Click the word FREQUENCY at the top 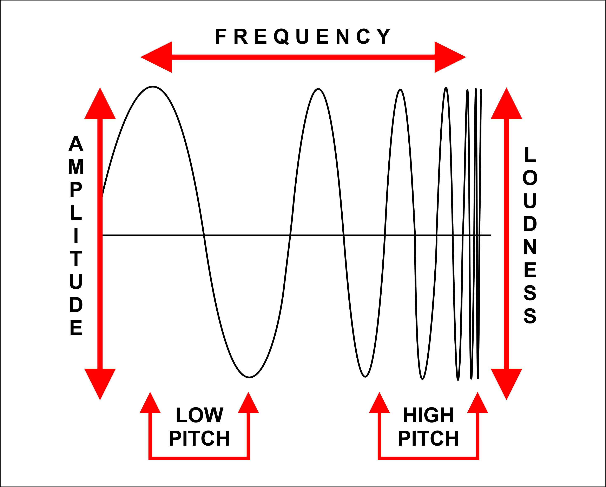click(x=303, y=36)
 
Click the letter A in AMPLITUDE click(x=76, y=143)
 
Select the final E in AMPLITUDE click(x=76, y=328)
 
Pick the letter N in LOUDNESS click(x=530, y=247)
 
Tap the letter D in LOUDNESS click(x=530, y=224)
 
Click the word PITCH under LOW click(x=199, y=438)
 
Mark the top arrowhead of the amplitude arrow click(x=100, y=107)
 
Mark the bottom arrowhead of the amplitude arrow click(x=100, y=382)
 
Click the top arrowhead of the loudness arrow click(x=507, y=107)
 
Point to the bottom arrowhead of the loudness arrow click(x=507, y=382)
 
